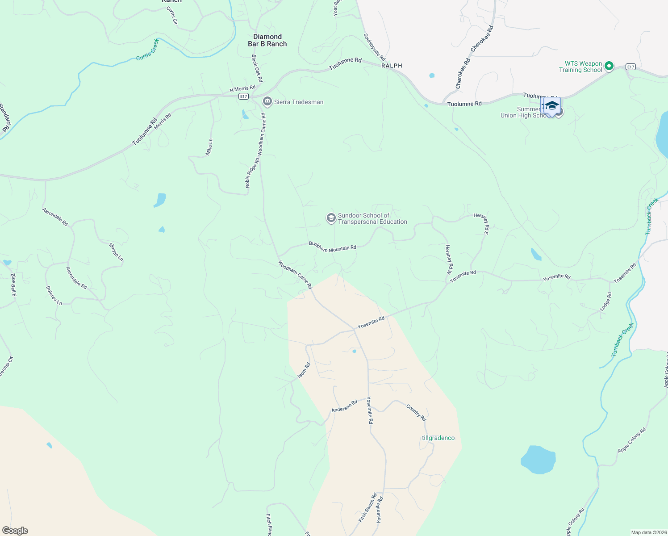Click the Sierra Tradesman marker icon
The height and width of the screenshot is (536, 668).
267,102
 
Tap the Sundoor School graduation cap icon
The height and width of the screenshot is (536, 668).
331,218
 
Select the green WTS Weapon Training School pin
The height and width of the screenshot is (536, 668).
609,67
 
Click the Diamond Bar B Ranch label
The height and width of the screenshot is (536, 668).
267,40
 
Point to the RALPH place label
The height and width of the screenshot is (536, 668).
392,66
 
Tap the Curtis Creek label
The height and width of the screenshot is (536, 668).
147,50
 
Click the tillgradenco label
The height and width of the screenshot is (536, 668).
438,438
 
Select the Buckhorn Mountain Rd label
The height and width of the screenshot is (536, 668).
333,247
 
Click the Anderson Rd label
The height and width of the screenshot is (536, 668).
344,406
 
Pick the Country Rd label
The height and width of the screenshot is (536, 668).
416,412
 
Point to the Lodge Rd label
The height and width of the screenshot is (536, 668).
605,301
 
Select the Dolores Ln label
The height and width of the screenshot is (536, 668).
54,295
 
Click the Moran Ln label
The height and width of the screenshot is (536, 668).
116,252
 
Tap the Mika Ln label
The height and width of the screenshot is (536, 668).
209,147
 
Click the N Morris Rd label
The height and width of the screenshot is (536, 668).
242,89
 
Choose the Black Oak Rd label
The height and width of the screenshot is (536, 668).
257,68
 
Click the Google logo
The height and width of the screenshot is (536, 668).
15,531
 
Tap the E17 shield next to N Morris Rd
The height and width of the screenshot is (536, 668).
243,96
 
